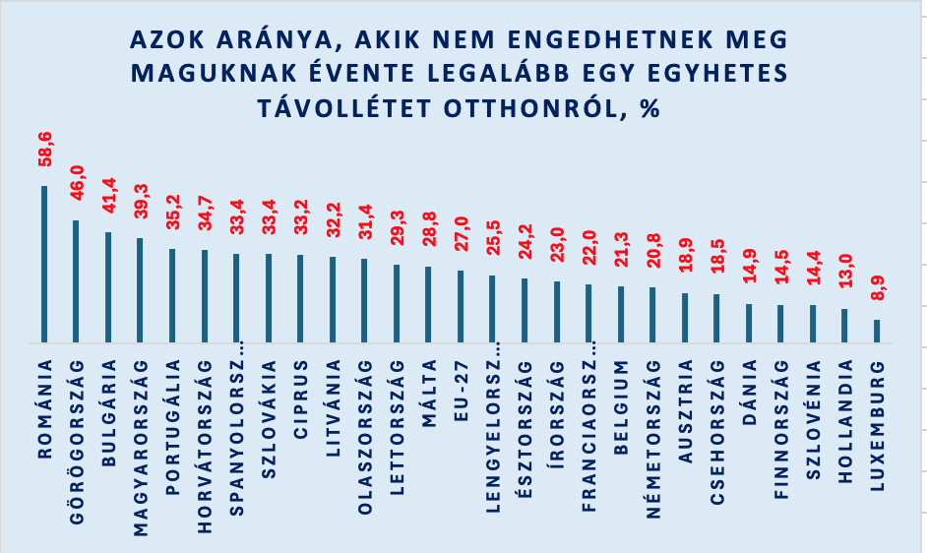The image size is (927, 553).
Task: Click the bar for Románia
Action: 43,265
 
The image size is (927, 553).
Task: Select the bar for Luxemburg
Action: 877,332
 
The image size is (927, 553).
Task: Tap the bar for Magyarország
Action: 140,290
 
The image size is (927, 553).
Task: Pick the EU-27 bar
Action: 461,307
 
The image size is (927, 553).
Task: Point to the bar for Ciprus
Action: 300,299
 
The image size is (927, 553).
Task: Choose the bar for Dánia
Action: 749,324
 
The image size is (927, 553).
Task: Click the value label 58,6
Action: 45,149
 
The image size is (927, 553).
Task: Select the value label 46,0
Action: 77,183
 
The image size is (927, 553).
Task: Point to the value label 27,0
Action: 462,233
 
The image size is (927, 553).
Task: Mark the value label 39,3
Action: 141,201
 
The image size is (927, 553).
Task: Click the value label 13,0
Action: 846,271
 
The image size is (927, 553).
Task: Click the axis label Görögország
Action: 77,442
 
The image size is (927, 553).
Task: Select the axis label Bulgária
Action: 109,413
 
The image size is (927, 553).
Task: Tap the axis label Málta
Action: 429,393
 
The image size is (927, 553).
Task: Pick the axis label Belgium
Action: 621,407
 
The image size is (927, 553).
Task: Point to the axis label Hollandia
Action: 845,421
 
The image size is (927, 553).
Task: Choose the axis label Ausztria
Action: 685,411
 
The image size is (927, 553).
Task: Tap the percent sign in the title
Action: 649,109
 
